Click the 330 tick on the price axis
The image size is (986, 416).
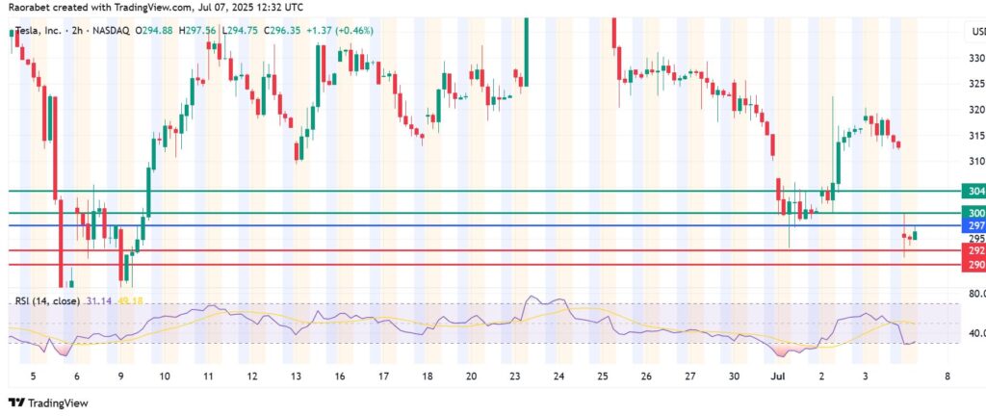pos(974,58)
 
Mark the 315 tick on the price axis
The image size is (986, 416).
pos(974,135)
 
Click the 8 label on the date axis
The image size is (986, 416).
pos(948,376)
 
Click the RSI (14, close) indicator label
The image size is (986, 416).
pos(46,301)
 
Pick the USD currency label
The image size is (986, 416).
pos(974,35)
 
